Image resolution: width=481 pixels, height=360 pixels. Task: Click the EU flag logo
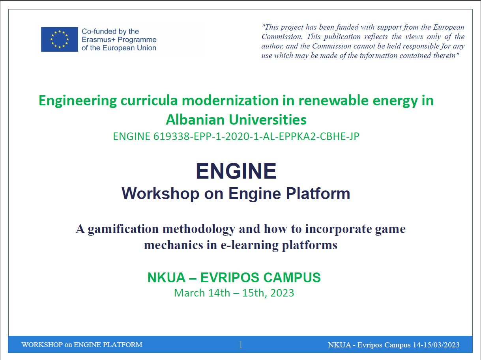pos(60,39)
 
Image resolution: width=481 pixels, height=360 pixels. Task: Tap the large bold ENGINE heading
pos(236,171)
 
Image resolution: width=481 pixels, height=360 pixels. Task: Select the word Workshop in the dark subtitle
pos(161,194)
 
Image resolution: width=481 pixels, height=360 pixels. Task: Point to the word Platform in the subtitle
pos(318,194)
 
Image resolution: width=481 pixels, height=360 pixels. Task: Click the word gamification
pos(123,229)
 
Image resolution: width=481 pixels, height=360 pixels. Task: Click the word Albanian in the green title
pos(195,120)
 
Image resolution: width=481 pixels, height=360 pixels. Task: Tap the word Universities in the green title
pos(268,120)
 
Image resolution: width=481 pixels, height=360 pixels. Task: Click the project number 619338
pos(171,136)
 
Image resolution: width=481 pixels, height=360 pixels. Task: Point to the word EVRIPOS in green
pos(230,278)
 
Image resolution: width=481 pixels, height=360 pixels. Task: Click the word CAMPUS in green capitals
pos(292,278)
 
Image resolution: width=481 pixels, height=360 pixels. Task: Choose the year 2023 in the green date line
pos(282,293)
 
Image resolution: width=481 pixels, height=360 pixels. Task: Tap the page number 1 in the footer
pos(241,345)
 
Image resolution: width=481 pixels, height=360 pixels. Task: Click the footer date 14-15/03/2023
pos(436,345)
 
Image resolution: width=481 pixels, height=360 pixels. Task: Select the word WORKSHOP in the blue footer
pos(42,345)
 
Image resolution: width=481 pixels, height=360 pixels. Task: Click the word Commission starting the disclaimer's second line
pos(282,37)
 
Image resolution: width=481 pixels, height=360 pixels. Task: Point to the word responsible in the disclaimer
pos(427,46)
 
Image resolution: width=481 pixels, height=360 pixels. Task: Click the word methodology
pos(198,229)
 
